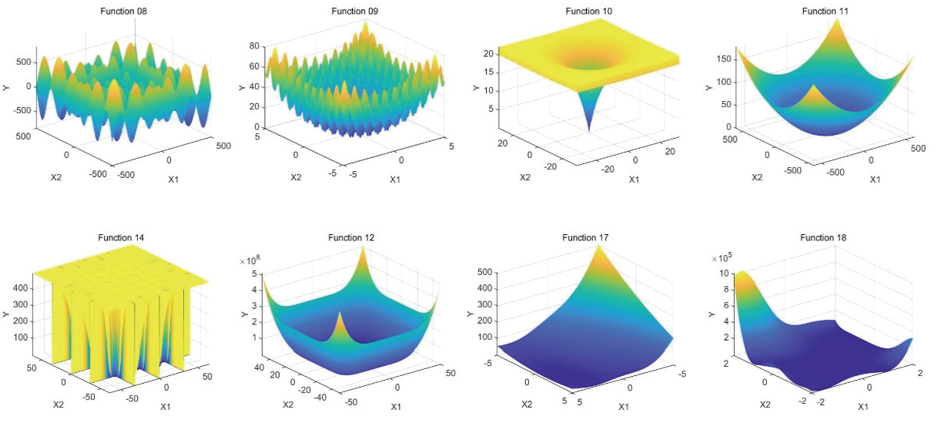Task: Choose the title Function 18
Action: (823, 238)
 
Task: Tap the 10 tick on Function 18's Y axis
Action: (723, 274)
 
